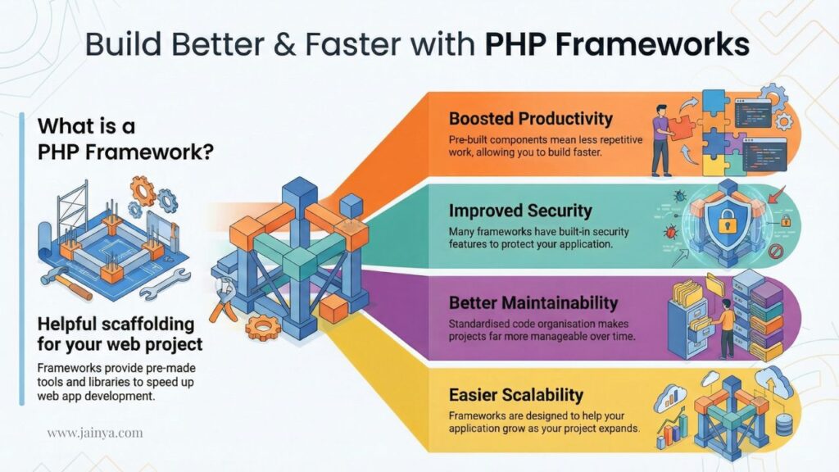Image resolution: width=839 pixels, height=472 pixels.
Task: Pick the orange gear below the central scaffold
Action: [263, 328]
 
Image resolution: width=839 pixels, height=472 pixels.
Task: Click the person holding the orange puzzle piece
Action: [660, 140]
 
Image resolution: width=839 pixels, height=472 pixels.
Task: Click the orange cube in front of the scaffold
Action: [334, 308]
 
